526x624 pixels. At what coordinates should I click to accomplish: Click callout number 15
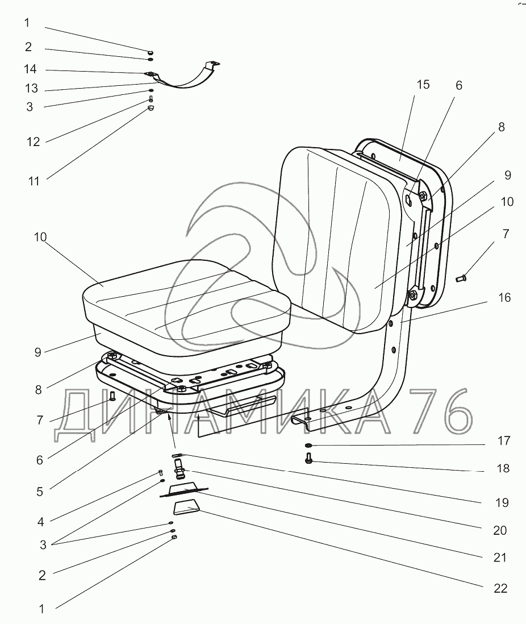pos(423,85)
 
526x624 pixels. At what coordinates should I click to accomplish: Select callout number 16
pos(504,298)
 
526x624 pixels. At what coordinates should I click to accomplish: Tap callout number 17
pos(504,441)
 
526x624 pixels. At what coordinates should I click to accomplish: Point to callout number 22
pos(500,588)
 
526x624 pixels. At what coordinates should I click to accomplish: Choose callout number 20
pos(500,530)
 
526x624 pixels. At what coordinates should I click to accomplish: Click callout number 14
pos(30,69)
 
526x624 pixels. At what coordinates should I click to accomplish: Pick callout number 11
pos(34,181)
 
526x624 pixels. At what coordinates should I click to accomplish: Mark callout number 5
pos(40,492)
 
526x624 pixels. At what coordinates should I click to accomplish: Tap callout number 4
pos(40,522)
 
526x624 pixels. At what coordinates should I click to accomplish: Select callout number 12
pos(34,142)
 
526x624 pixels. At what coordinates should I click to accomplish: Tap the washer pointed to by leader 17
pos(309,444)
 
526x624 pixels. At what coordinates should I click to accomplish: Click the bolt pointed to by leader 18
pos(308,458)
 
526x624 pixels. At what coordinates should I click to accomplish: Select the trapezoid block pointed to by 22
pos(186,508)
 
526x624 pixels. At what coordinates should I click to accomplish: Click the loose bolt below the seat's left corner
pos(112,396)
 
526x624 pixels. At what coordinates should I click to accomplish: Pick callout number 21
pos(500,558)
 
